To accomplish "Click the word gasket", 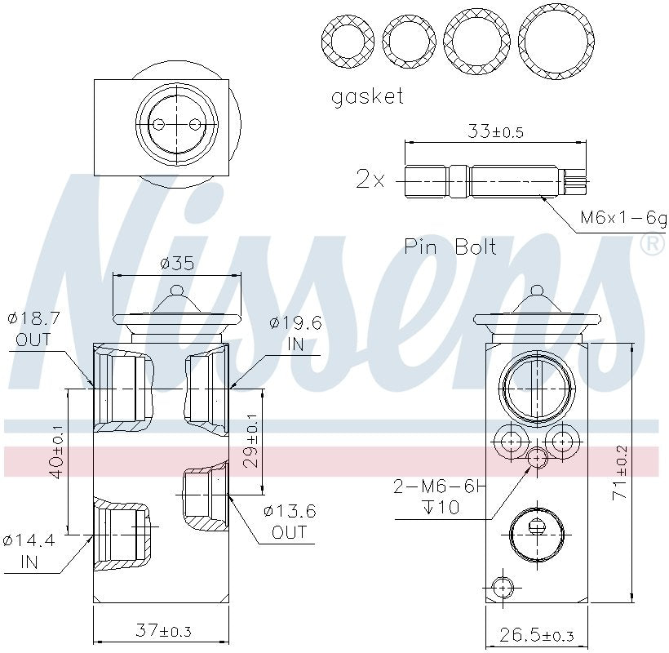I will [367, 96].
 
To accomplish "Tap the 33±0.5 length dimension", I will [495, 130].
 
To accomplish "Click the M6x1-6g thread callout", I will [622, 218].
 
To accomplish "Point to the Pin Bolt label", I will [450, 247].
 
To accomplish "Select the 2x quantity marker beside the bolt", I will [370, 179].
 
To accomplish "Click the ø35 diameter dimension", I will [177, 264].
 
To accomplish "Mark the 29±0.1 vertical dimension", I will [252, 441].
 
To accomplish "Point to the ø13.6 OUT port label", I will [289, 522].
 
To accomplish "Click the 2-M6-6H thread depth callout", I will [439, 497].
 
